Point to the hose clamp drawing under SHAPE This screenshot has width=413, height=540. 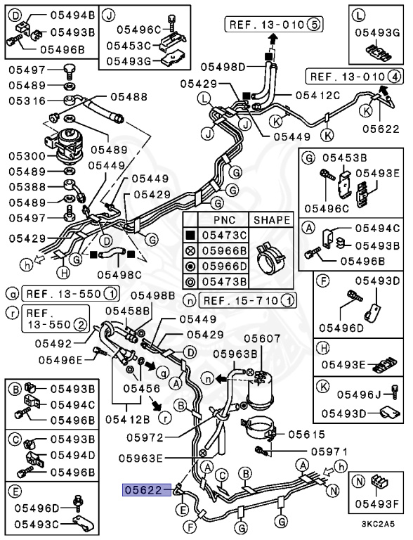[271, 257]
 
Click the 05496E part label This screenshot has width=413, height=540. [60, 360]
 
